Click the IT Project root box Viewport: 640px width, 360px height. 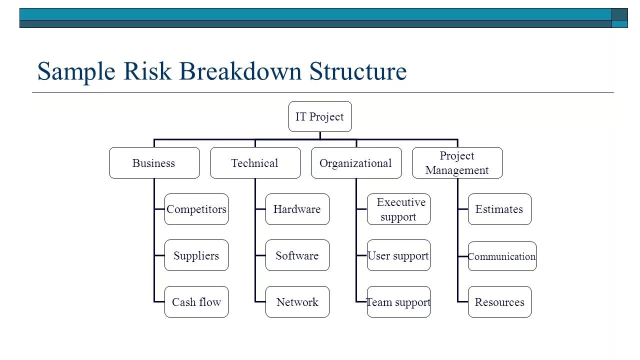(320, 116)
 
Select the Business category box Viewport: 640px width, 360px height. (154, 163)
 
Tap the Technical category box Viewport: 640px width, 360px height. (255, 163)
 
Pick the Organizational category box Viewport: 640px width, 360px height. (356, 163)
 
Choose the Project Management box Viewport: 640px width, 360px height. (457, 163)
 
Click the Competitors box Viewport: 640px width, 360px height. (196, 209)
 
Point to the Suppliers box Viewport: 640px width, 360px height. (196, 255)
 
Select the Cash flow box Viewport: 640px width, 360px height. (196, 302)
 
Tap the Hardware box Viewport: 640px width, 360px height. (297, 209)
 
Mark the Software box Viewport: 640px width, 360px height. (297, 255)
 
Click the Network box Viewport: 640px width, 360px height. (297, 302)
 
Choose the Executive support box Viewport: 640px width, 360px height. (398, 209)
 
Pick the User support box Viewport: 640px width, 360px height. (398, 255)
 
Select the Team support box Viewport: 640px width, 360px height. (398, 302)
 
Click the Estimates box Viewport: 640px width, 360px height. (499, 209)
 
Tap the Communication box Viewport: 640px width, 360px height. (502, 256)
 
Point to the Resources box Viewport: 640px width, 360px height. (499, 302)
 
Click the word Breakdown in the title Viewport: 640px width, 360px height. (240, 71)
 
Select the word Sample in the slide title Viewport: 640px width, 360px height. (76, 71)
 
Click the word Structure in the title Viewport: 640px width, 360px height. (358, 71)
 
